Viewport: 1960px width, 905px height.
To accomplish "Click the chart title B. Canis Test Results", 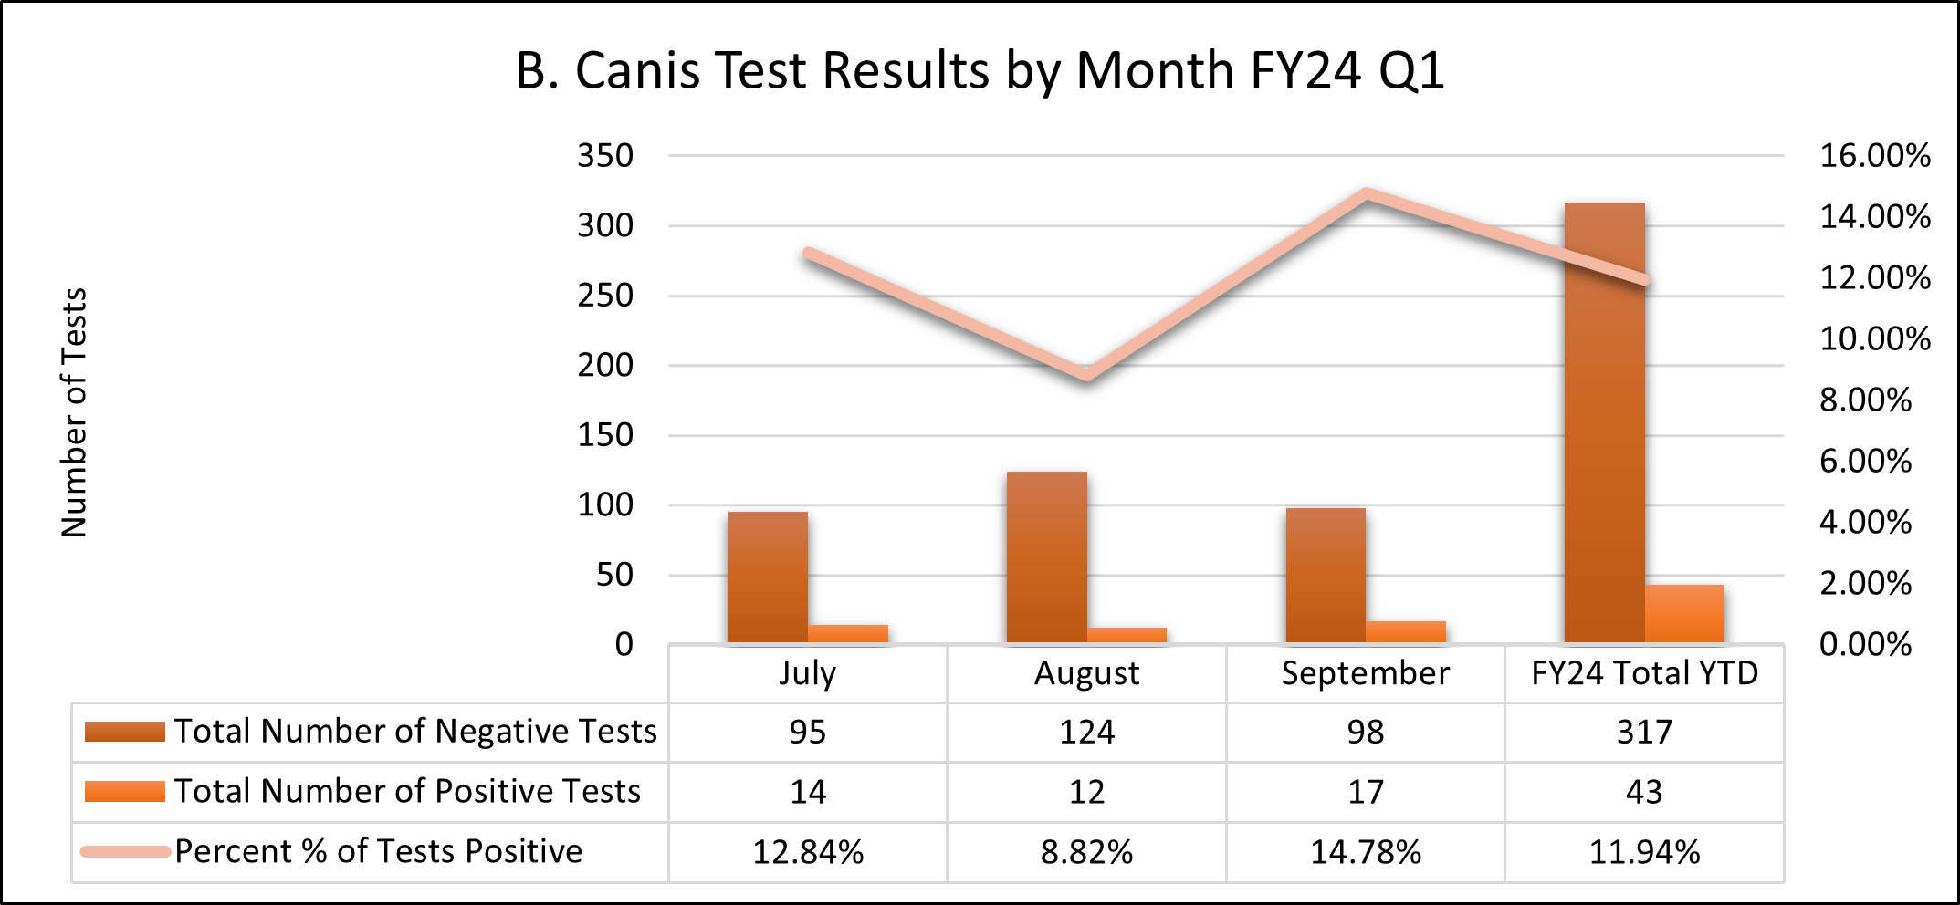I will [980, 70].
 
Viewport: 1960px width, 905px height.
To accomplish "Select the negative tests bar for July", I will [768, 577].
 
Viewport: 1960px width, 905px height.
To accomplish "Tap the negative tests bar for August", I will [1046, 557].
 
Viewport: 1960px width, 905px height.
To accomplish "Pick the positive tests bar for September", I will [1406, 632].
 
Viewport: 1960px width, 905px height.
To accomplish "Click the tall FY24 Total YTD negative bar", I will [1604, 422].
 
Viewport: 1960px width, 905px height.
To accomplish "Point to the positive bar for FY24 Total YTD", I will [1684, 614].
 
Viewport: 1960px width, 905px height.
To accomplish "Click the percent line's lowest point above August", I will [1086, 374].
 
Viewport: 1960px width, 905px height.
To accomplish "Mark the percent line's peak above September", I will [1366, 193].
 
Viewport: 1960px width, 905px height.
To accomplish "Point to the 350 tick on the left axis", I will [605, 156].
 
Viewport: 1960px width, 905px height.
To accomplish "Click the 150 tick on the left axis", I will [605, 435].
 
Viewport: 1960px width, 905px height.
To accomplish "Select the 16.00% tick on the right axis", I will [1875, 156].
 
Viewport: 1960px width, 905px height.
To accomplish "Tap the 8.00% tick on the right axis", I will [1865, 400].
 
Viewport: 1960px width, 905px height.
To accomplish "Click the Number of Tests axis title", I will [74, 412].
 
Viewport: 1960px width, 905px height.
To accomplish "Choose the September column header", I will [1365, 673].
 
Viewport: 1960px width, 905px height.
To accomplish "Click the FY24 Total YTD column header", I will [1644, 673].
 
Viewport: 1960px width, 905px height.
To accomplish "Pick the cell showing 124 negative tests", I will [1086, 732].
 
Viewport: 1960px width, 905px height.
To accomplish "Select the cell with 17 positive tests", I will [1366, 792].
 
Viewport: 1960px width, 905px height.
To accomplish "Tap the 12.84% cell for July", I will [808, 852].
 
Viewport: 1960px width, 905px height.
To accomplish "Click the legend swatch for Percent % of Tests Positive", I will [125, 852].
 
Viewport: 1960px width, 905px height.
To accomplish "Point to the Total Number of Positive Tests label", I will [407, 791].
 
